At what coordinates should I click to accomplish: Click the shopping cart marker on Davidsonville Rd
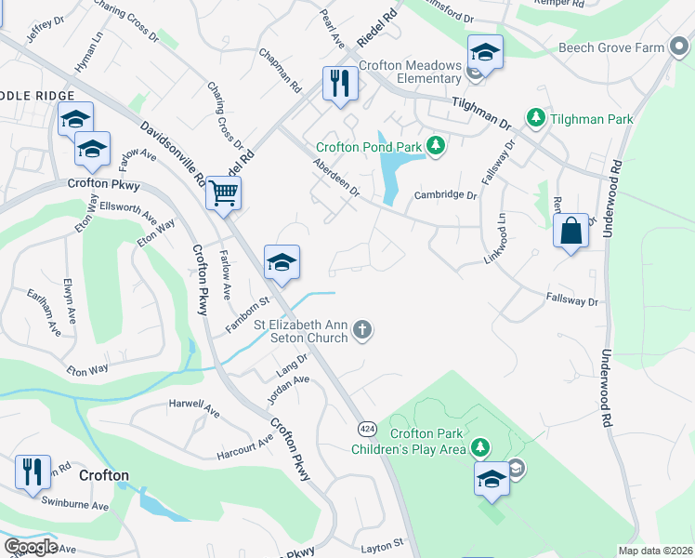point(223,193)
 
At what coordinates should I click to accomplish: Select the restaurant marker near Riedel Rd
point(340,84)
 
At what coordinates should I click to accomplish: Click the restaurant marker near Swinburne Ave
point(33,472)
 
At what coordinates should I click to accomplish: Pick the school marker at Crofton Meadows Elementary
point(485,52)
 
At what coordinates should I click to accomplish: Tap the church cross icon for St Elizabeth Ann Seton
point(363,329)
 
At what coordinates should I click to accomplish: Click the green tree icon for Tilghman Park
point(535,118)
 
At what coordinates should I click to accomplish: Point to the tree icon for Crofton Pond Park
point(435,146)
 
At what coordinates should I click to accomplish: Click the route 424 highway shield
point(367,429)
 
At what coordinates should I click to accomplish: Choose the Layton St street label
point(381,541)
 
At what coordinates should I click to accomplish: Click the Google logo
point(31,547)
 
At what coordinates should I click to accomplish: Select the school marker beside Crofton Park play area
point(492,479)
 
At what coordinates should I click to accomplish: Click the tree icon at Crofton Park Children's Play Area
point(479,448)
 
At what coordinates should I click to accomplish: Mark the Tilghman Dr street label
point(482,113)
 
